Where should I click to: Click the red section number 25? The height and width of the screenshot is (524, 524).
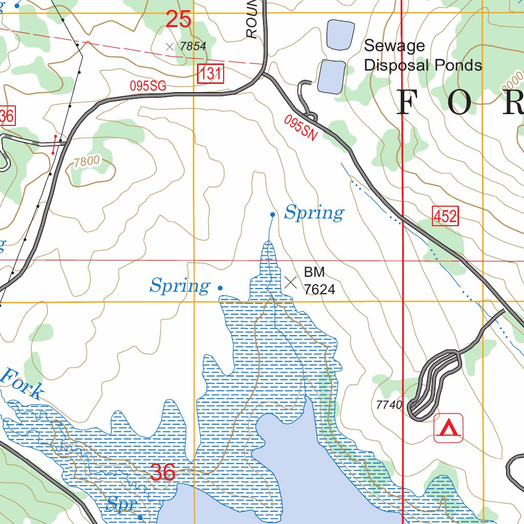(x=179, y=19)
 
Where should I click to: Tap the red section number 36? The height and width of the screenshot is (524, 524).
(x=163, y=472)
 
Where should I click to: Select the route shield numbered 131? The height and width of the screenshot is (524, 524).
(x=210, y=74)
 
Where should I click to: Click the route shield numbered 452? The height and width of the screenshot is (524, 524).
(x=445, y=216)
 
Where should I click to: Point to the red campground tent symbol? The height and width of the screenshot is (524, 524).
(x=449, y=428)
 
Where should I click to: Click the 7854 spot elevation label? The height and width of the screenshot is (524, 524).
(x=193, y=47)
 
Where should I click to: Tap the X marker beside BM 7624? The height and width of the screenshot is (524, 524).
(x=291, y=282)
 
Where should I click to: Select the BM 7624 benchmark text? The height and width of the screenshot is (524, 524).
(x=319, y=280)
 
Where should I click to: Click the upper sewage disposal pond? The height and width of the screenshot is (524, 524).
(x=340, y=35)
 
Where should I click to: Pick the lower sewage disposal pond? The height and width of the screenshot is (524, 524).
(x=331, y=77)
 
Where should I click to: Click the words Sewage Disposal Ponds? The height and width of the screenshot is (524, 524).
(x=422, y=55)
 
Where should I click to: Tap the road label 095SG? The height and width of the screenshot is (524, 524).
(x=148, y=86)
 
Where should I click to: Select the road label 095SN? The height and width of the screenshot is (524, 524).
(x=301, y=128)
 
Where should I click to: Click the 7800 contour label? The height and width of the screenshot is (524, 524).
(x=86, y=162)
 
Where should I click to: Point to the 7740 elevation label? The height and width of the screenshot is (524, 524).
(x=389, y=405)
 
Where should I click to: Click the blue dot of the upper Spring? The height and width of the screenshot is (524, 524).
(x=273, y=215)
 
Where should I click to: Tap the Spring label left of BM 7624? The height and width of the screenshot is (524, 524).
(x=180, y=286)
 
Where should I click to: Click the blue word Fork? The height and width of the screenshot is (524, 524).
(x=21, y=383)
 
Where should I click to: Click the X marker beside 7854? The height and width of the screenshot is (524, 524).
(x=170, y=47)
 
